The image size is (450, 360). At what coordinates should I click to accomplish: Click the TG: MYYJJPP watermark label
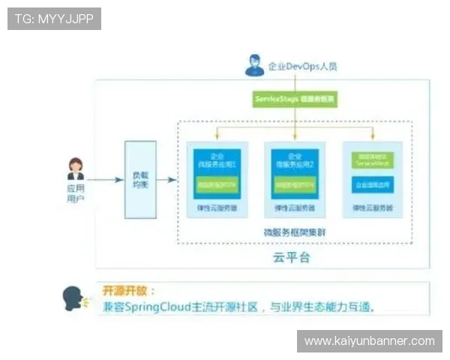click(x=54, y=19)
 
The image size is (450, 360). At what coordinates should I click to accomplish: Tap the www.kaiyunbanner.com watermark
click(x=369, y=341)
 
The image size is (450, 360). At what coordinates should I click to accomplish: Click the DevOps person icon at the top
click(x=254, y=65)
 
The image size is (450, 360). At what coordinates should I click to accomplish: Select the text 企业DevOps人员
click(x=302, y=66)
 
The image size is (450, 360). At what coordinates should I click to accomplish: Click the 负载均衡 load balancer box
click(x=140, y=179)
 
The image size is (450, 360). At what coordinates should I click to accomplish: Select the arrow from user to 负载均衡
click(x=105, y=179)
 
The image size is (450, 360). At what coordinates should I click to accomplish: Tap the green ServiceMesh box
click(x=371, y=160)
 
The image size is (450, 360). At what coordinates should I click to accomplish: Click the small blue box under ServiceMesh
click(x=371, y=183)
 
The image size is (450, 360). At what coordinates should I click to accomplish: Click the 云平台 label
click(x=291, y=258)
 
